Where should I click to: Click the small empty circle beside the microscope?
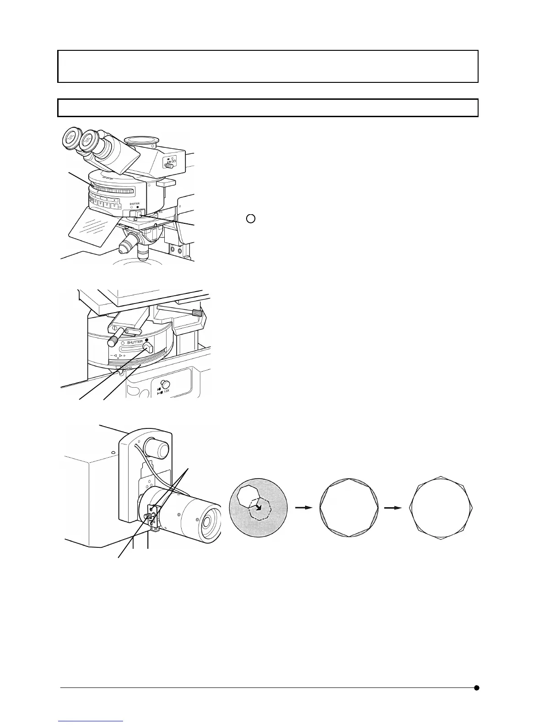(x=250, y=218)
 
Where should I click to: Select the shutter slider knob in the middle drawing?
(x=148, y=348)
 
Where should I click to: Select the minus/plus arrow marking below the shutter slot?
(x=118, y=355)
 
